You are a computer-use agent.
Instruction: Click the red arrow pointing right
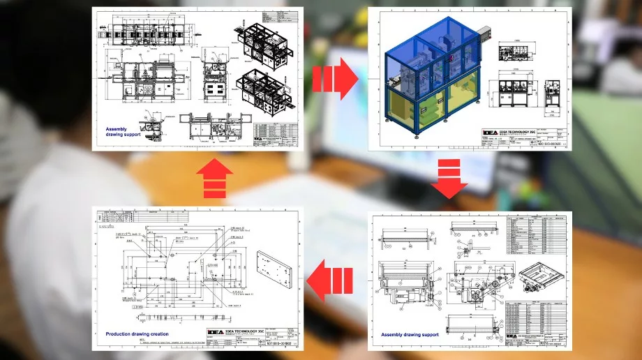pyautogui.click(x=334, y=79)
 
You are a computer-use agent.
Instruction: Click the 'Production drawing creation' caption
pyautogui.click(x=140, y=334)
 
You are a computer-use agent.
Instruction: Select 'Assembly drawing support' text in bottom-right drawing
pyautogui.click(x=410, y=335)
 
